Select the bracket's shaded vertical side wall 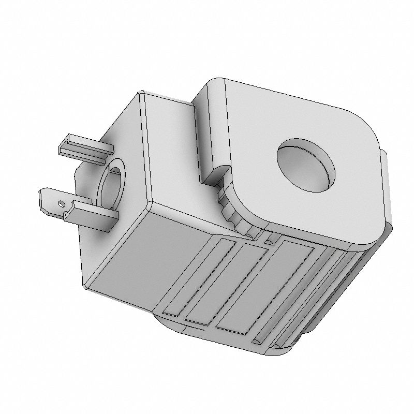(x=212, y=129)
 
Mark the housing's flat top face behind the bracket (x=171, y=145)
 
